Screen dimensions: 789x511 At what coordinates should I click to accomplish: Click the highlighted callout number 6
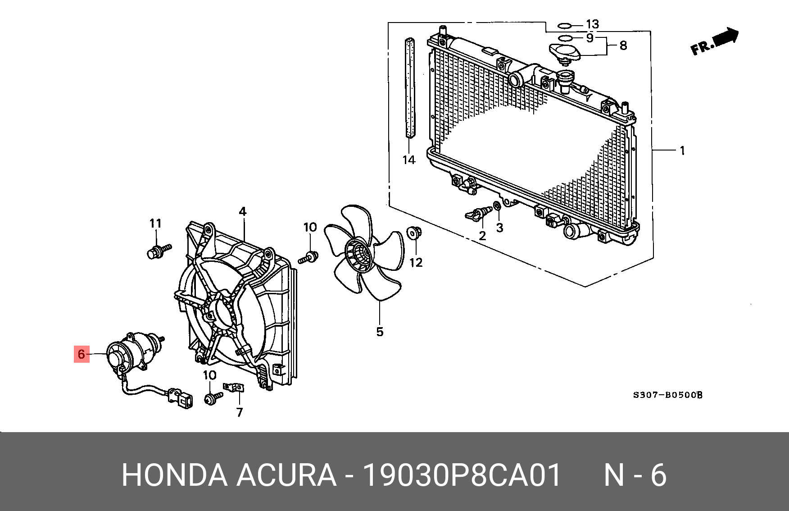(x=82, y=354)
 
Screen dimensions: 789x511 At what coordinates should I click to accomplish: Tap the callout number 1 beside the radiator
(x=682, y=151)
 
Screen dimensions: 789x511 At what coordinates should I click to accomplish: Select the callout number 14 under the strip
(x=408, y=160)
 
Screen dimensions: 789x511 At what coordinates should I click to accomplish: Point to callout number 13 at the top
(x=592, y=24)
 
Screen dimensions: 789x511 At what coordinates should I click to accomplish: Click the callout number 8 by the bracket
(x=623, y=46)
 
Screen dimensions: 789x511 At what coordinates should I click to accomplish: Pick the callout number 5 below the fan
(x=380, y=332)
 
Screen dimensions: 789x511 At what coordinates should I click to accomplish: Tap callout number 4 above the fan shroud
(x=243, y=211)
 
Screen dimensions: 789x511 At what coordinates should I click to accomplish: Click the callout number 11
(x=155, y=224)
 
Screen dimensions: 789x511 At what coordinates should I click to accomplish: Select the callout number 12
(x=416, y=262)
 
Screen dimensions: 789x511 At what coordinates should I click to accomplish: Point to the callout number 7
(x=240, y=412)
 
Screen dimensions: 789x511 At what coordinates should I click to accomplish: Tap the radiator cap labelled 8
(x=565, y=53)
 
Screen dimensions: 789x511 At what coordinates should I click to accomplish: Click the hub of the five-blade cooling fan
(x=359, y=255)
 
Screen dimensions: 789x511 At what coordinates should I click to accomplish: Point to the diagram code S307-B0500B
(x=667, y=395)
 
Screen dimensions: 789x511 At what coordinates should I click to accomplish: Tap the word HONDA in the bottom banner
(x=174, y=475)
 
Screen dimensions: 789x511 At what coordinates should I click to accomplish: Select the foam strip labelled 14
(x=410, y=88)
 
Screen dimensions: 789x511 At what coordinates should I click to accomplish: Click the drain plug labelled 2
(x=477, y=214)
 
